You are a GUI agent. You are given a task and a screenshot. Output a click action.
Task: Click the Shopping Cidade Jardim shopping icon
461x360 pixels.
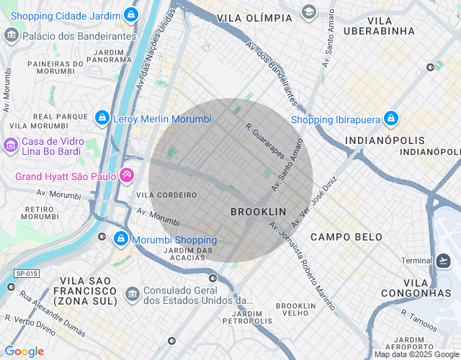pyautogui.click(x=130, y=14)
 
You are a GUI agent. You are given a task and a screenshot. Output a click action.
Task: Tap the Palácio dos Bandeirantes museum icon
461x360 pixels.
pyautogui.click(x=12, y=35)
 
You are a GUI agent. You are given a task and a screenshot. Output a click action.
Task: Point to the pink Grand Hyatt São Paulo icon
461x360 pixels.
pyautogui.click(x=127, y=175)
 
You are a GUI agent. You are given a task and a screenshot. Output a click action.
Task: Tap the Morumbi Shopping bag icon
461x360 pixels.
pyautogui.click(x=120, y=240)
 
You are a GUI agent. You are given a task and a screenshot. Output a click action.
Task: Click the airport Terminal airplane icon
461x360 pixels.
pyautogui.click(x=444, y=260)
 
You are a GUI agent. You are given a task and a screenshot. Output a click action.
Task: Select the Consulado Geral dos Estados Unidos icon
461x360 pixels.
pyautogui.click(x=133, y=294)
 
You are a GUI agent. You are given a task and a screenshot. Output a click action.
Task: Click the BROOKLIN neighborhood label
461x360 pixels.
pyautogui.click(x=258, y=212)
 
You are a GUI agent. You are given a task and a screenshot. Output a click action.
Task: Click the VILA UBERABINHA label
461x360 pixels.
pyautogui.click(x=379, y=24)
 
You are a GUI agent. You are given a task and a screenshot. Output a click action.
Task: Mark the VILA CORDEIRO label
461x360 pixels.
pyautogui.click(x=166, y=195)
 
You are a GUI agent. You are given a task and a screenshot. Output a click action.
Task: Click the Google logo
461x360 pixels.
pyautogui.click(x=23, y=351)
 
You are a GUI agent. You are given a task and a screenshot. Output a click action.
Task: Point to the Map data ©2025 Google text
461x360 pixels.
pyautogui.click(x=416, y=354)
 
